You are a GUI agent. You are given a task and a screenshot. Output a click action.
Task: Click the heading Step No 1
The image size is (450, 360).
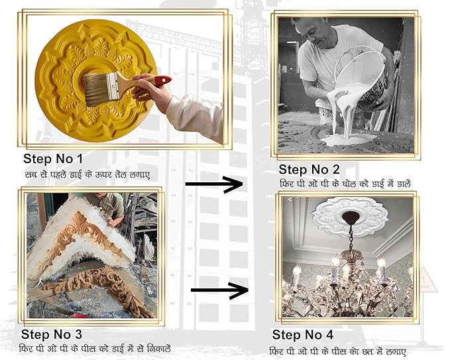pyautogui.click(x=53, y=158)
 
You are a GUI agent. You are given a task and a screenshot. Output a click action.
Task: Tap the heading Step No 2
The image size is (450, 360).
pyautogui.click(x=309, y=169)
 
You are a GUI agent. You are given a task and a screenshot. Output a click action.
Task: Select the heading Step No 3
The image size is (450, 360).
pyautogui.click(x=52, y=334)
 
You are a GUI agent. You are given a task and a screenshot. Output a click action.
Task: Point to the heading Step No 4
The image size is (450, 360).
pyautogui.click(x=303, y=335)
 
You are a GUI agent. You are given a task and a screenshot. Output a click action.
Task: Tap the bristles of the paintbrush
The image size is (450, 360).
pyautogui.click(x=97, y=90)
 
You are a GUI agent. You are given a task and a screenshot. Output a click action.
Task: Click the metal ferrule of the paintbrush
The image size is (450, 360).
pyautogui.click(x=113, y=86)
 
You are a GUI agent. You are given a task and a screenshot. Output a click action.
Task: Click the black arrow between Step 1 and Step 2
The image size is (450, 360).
pyautogui.click(x=214, y=184)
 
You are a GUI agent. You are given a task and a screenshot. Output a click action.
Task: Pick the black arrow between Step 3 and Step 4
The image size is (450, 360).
pyautogui.click(x=219, y=290)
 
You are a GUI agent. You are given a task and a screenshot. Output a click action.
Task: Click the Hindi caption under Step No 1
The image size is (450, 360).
pyautogui.click(x=87, y=174)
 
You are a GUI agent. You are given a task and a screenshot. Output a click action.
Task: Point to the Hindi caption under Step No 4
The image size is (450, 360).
pyautogui.click(x=338, y=351)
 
